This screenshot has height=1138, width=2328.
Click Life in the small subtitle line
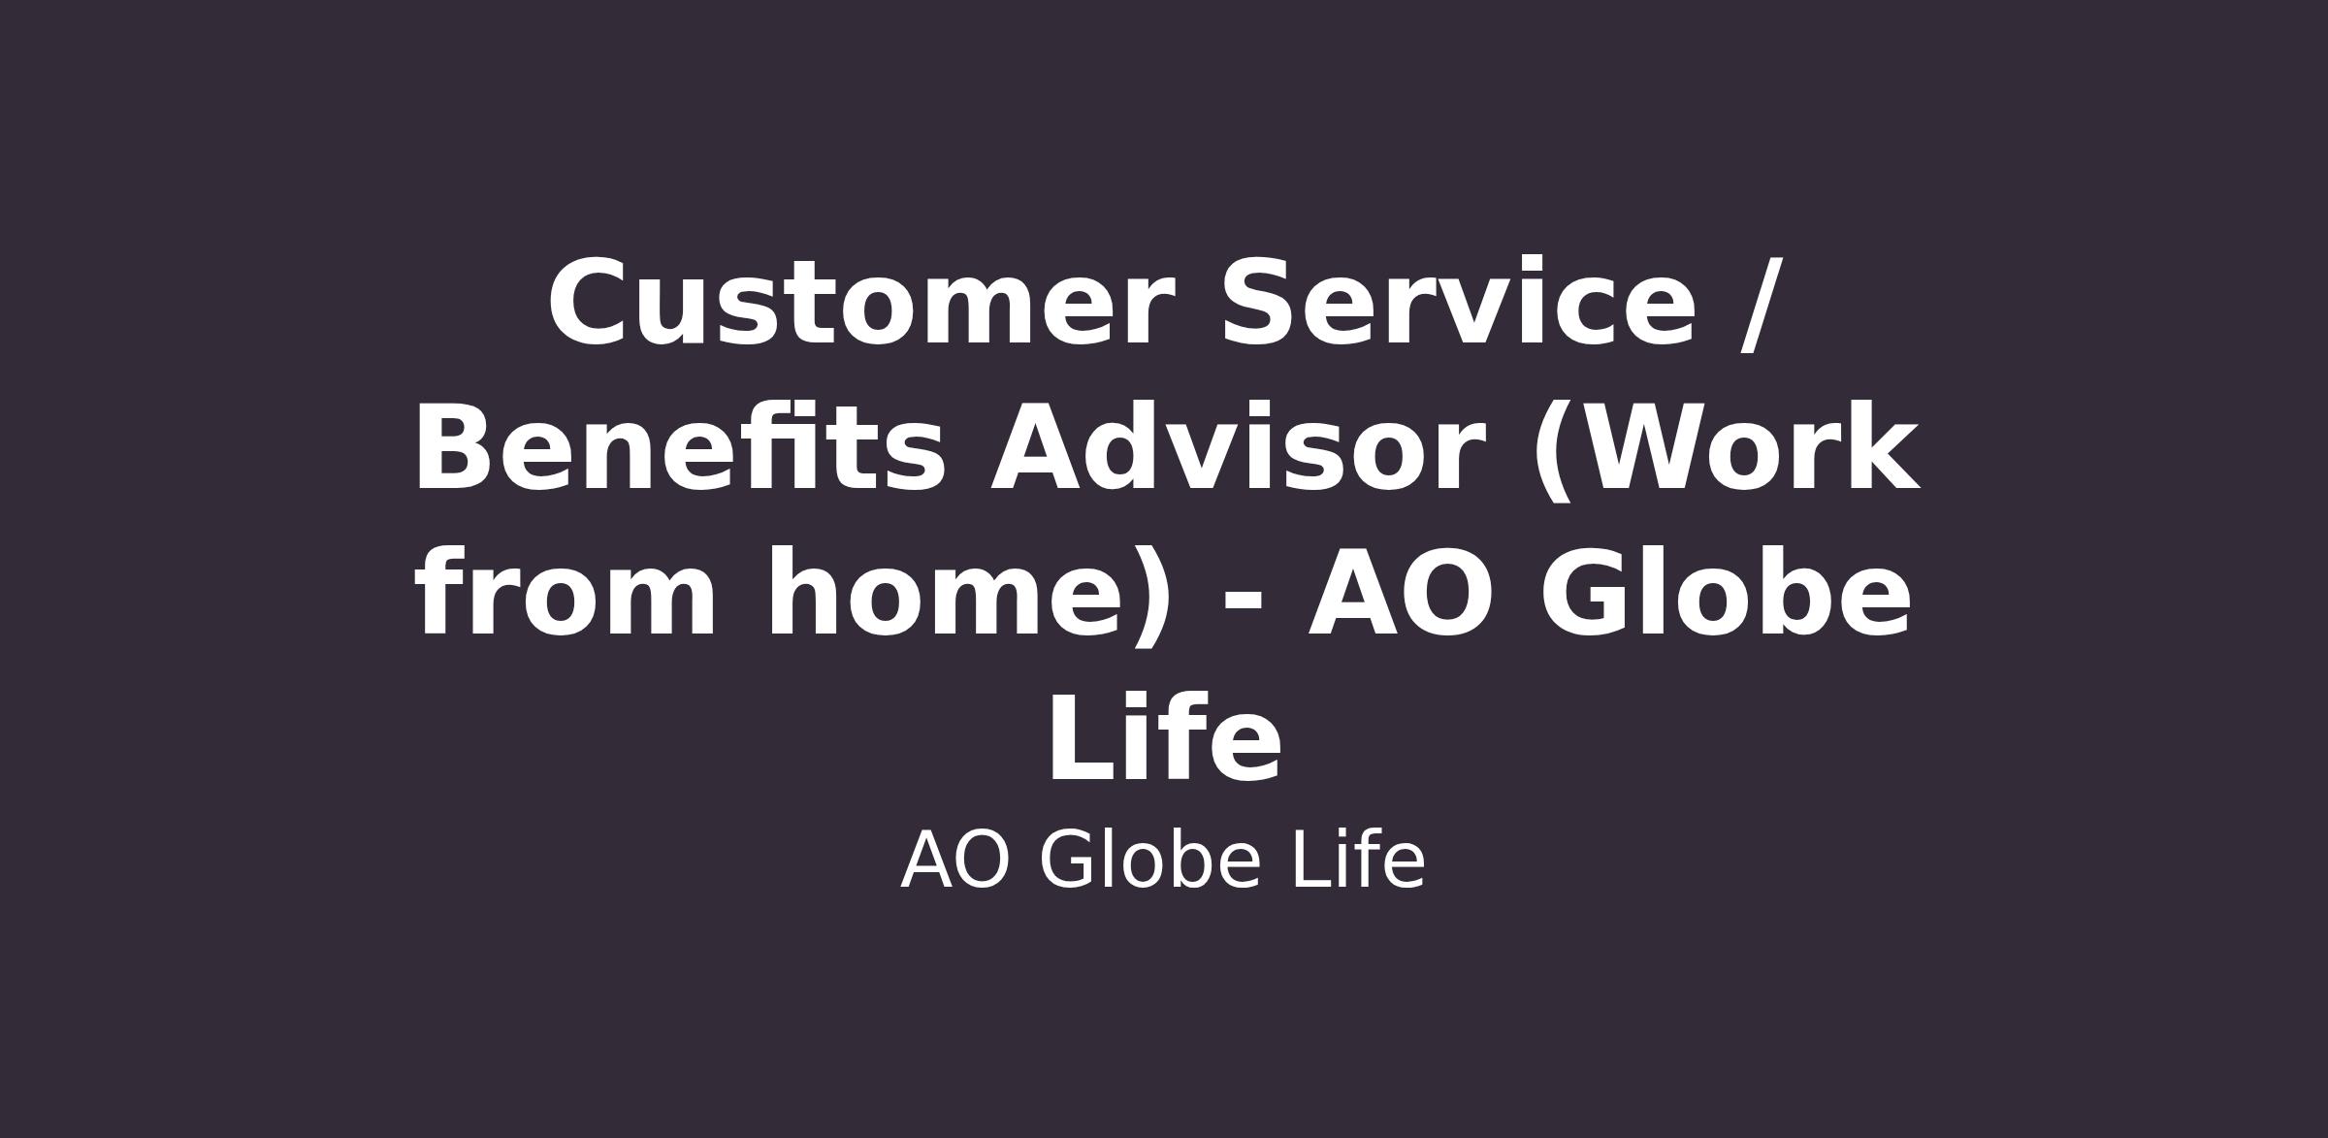tap(1358, 860)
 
